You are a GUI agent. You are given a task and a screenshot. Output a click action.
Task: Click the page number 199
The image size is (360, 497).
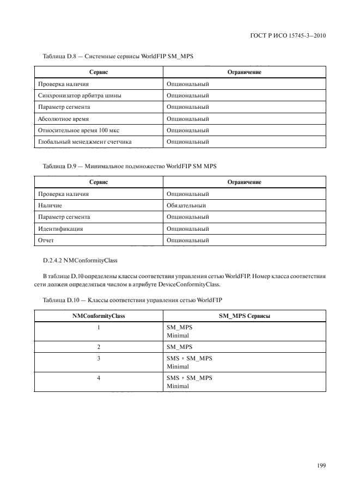pos(320,466)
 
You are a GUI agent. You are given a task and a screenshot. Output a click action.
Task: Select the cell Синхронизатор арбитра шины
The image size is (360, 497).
pos(79,95)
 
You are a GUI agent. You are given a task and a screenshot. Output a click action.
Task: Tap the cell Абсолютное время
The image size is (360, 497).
pos(63,119)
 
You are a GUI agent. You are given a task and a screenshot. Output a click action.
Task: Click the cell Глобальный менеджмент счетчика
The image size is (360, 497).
pos(84,142)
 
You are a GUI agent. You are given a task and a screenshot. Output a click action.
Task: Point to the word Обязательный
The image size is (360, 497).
pos(186,205)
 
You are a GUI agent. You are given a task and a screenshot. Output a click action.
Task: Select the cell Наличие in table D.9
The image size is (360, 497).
pos(50,205)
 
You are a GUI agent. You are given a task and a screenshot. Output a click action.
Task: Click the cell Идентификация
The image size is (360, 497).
pos(60,229)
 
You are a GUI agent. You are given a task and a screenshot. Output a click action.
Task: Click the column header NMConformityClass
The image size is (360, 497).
pos(99,316)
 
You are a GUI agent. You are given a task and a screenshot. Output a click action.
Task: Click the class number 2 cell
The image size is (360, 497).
pos(99,347)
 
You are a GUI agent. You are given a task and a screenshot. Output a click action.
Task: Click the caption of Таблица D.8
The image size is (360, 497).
pos(118,57)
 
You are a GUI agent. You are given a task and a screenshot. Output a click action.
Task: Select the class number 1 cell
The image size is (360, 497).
pos(99,328)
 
